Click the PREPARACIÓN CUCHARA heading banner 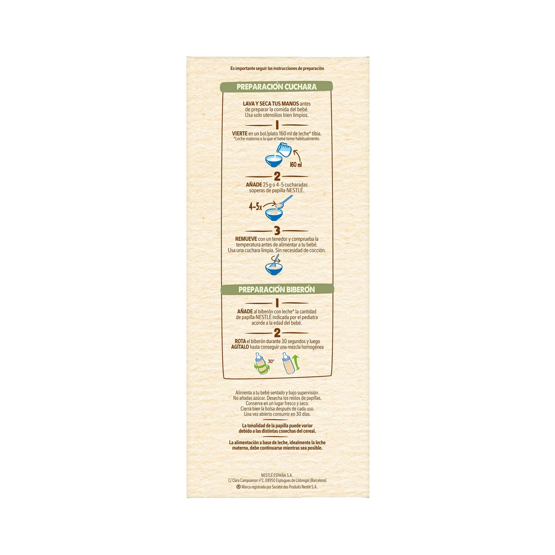(x=276, y=87)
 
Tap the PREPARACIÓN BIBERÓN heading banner (x=277, y=290)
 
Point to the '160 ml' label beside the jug (x=296, y=164)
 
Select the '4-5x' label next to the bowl (x=255, y=207)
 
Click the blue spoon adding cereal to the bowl (x=284, y=201)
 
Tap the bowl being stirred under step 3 (x=274, y=268)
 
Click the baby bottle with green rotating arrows (x=261, y=364)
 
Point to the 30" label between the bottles (x=271, y=361)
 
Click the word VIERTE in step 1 (x=240, y=134)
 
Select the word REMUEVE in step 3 (x=246, y=239)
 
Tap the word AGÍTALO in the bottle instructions (x=240, y=347)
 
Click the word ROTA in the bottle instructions (x=240, y=341)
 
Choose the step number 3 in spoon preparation (x=277, y=231)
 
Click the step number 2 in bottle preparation (x=277, y=333)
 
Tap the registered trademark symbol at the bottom (x=238, y=487)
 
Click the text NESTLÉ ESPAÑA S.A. (x=277, y=475)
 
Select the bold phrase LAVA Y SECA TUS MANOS (x=271, y=104)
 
